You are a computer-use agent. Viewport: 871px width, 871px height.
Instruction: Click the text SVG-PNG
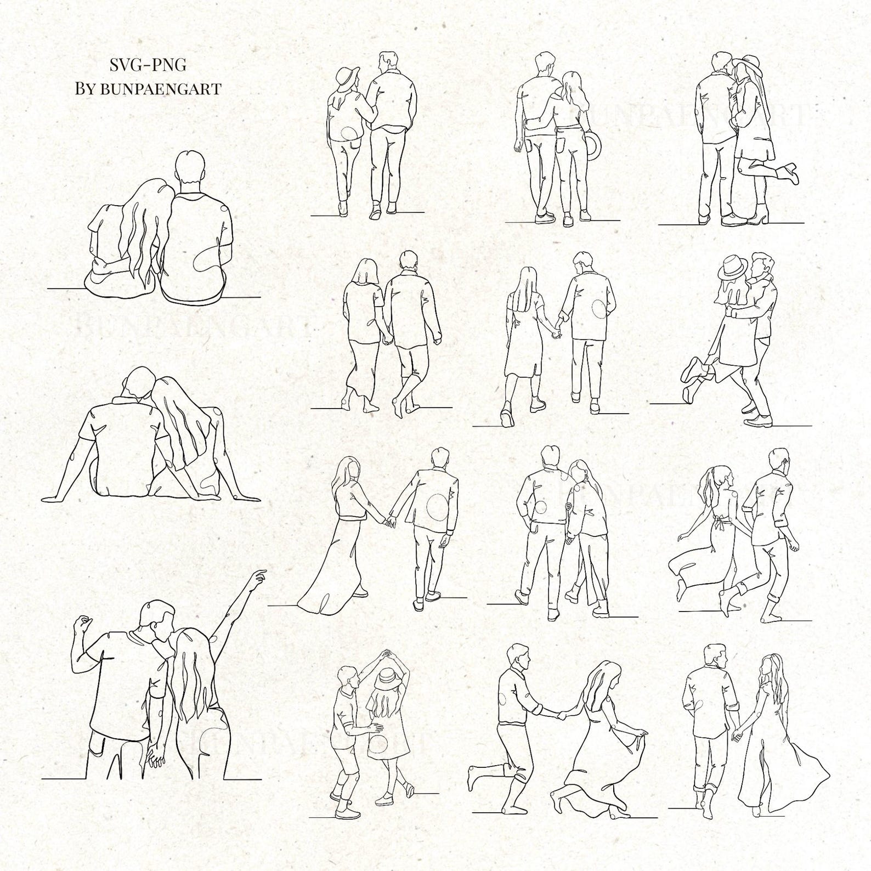tap(148, 65)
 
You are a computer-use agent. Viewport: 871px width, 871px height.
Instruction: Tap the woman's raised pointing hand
tap(259, 576)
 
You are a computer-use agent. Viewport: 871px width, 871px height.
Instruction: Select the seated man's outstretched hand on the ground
tap(52, 498)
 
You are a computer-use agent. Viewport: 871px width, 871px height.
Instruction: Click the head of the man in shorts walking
tap(408, 261)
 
